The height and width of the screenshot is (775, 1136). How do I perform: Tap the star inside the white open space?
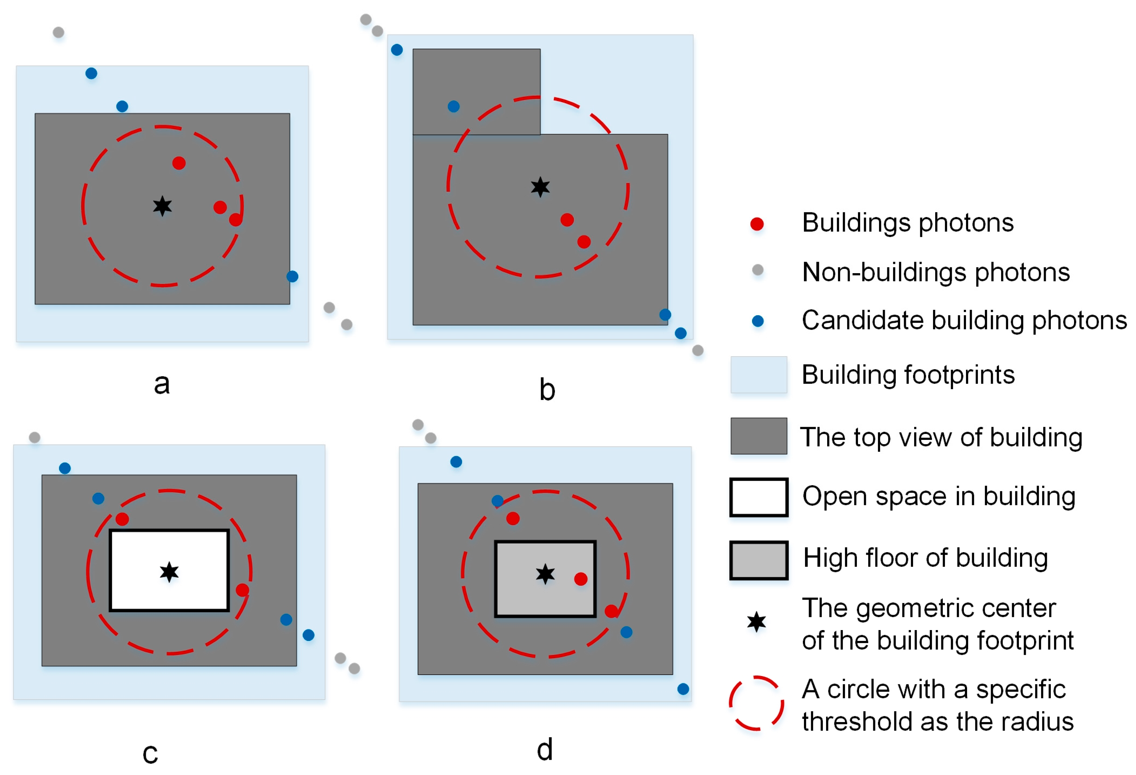click(169, 572)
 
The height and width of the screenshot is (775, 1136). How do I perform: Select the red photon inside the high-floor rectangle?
click(581, 579)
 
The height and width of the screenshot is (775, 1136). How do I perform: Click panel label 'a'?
click(162, 384)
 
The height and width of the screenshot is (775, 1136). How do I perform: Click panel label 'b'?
click(547, 390)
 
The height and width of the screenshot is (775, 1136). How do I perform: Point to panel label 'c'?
click(150, 754)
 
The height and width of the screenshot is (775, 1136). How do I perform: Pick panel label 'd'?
click(544, 750)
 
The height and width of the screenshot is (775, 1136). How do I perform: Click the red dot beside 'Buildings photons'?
click(757, 224)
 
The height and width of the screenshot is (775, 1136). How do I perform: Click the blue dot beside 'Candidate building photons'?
click(758, 321)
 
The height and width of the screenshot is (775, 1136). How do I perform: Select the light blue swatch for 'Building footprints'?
click(759, 375)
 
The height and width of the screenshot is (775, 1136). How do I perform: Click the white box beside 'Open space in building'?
click(759, 497)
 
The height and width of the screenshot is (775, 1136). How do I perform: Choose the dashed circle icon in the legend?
click(756, 703)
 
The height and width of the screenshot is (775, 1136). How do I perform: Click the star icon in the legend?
click(756, 622)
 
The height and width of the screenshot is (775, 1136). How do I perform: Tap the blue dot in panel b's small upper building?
click(453, 107)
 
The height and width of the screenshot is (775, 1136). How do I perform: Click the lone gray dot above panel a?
click(58, 33)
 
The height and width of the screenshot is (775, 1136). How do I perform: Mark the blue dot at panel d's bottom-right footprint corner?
click(683, 689)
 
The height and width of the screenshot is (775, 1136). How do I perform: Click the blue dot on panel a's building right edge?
click(292, 276)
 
